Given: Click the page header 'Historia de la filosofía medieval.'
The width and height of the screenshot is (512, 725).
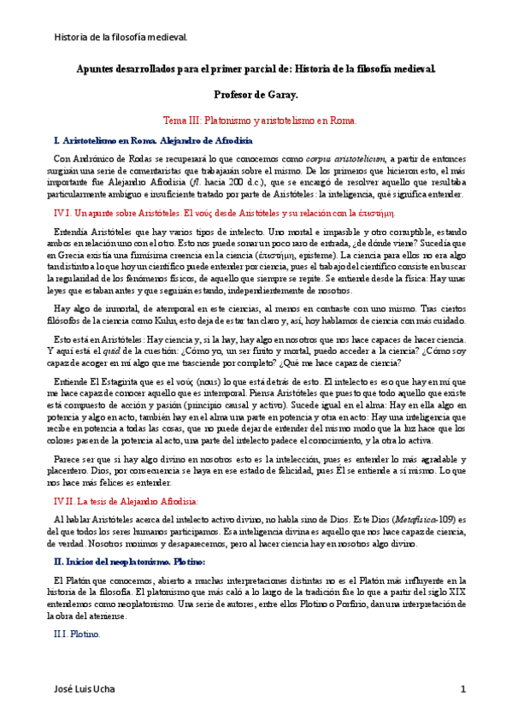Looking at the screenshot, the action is (121, 38).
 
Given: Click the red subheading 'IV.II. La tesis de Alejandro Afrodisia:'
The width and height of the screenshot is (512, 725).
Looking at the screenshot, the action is (126, 501).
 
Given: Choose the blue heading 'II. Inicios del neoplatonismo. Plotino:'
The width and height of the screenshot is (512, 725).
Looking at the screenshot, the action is (141, 561).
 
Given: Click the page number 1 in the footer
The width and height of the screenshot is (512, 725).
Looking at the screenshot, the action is (462, 688).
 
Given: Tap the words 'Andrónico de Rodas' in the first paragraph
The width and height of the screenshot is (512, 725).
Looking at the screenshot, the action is (109, 159).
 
